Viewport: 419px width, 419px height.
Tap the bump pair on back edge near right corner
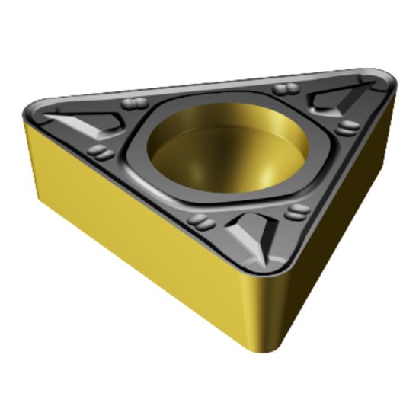coord(285,90)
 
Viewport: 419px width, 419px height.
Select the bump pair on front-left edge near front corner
coord(200,220)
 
